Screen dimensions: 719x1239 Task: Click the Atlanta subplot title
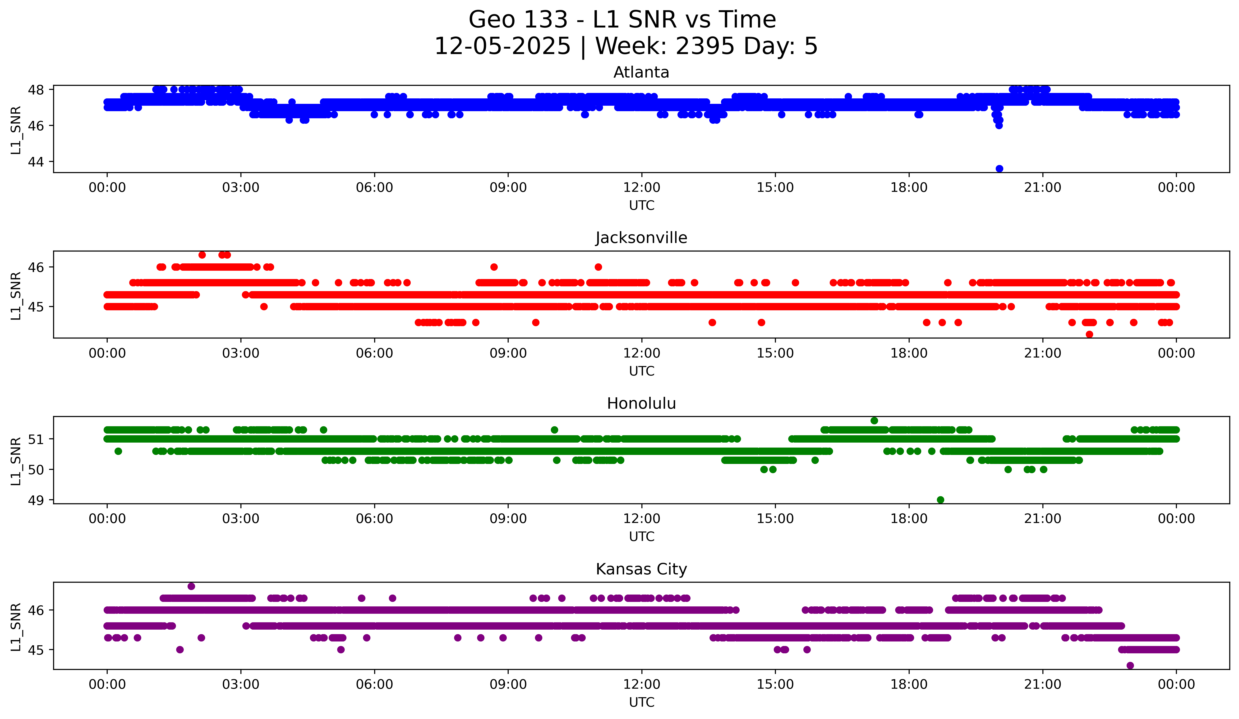click(641, 72)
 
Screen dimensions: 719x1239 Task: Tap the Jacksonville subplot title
click(641, 238)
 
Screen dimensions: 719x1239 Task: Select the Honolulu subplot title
click(641, 403)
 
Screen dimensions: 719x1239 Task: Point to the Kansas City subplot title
click(641, 569)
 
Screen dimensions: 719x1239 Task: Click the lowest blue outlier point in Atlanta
click(999, 169)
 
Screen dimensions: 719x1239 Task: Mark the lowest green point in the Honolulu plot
click(940, 500)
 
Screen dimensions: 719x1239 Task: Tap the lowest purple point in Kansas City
click(1130, 665)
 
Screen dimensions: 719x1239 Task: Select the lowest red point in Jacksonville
click(1089, 334)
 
